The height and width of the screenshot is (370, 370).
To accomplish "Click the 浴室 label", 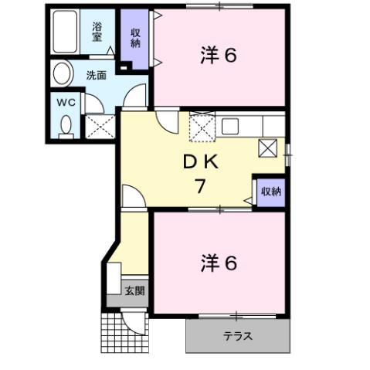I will tap(97, 31).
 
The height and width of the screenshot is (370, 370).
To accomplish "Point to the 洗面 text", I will tap(96, 76).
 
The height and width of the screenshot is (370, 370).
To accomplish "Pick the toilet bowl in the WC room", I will tap(65, 124).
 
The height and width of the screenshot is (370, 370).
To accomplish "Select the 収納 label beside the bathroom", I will tap(135, 37).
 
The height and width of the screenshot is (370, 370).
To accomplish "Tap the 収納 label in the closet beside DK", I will tap(270, 191).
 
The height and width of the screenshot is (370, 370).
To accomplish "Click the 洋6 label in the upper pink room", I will tap(219, 56).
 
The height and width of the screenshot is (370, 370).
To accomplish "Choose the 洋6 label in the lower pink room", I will tap(219, 263).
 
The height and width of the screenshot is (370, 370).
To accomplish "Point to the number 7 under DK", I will tap(200, 186).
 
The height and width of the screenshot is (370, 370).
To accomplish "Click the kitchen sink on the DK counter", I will tap(233, 125).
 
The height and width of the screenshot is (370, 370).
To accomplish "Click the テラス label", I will tap(238, 337).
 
